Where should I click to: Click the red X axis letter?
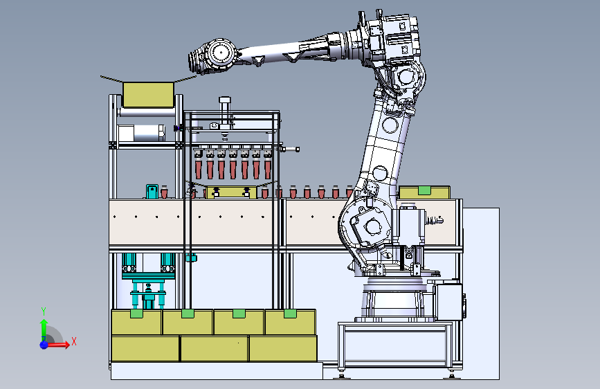tap(74, 341)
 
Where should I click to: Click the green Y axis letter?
tap(44, 311)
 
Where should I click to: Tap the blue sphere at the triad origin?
tap(44, 344)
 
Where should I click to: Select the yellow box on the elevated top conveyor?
tap(149, 95)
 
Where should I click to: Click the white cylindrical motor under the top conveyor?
tap(140, 133)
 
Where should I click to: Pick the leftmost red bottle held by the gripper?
tap(198, 169)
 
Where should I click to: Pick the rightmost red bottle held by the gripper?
tap(268, 169)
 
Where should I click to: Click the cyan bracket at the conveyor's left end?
tap(152, 191)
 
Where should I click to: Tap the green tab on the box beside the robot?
tap(424, 190)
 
